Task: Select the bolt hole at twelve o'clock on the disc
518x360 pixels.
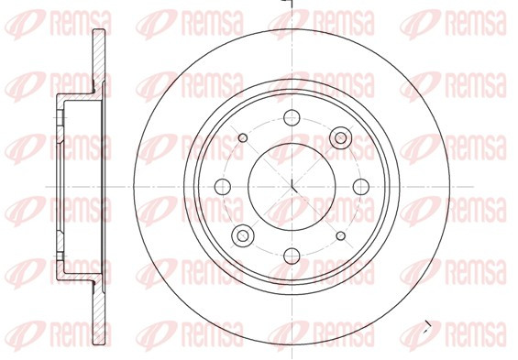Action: click(292, 118)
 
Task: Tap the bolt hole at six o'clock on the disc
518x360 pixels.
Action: click(292, 256)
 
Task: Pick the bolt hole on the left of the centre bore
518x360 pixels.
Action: click(223, 187)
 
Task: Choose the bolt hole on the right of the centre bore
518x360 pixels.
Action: click(361, 187)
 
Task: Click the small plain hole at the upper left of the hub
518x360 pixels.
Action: click(243, 137)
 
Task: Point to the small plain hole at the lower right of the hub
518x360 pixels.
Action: click(341, 236)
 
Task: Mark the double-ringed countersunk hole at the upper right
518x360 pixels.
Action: click(341, 137)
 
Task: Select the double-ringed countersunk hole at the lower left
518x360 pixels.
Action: click(243, 235)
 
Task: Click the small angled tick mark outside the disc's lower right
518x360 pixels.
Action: click(428, 328)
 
